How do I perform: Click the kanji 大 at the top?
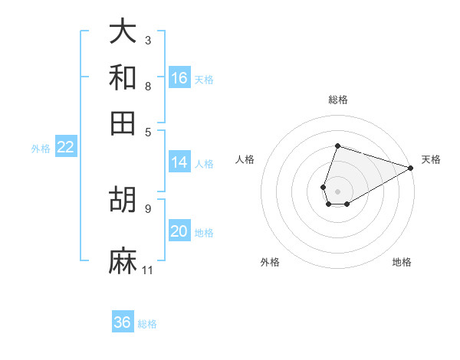(x=123, y=32)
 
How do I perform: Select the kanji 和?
(x=123, y=77)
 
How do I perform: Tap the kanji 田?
(x=123, y=123)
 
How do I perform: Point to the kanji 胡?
(x=123, y=198)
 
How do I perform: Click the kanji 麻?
(x=123, y=261)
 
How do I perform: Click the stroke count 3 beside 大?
(x=147, y=40)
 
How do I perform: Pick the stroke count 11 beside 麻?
(x=147, y=270)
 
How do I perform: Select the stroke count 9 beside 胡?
(x=147, y=208)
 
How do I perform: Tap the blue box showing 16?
(x=179, y=78)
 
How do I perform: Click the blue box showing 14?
(x=179, y=162)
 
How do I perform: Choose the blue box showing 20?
(x=179, y=231)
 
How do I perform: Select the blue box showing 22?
(x=65, y=148)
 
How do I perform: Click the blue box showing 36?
(x=123, y=322)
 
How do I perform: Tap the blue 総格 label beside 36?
(x=147, y=324)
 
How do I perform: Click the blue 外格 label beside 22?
(x=40, y=149)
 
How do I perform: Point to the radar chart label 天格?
(x=431, y=159)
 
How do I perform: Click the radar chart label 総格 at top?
(x=337, y=100)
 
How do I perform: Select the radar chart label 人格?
(x=245, y=159)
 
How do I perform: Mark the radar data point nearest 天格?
(x=411, y=168)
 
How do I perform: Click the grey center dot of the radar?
(x=337, y=191)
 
